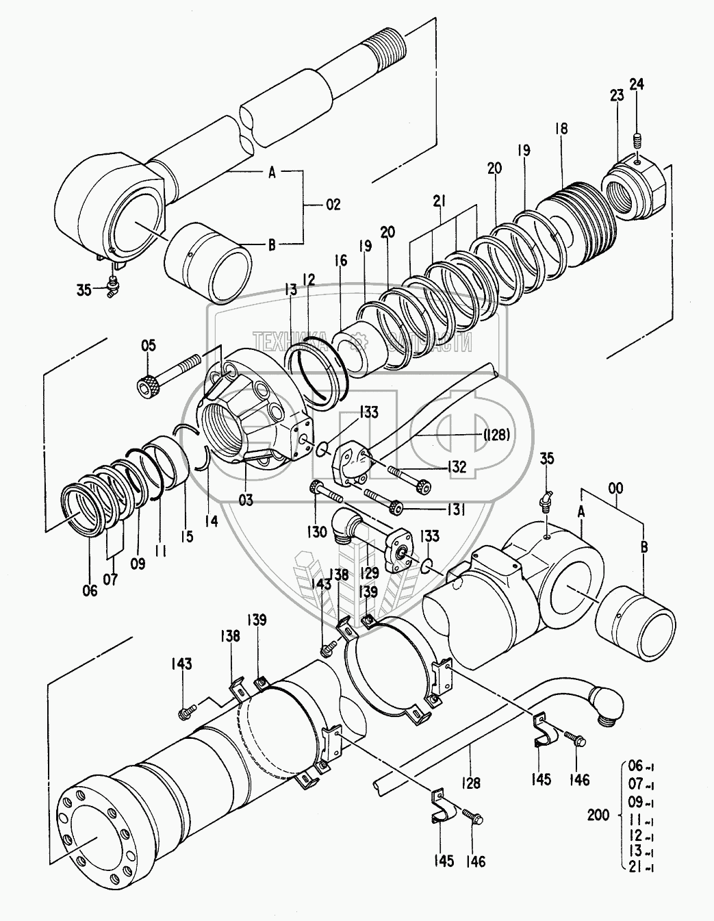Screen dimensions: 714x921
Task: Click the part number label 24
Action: click(637, 84)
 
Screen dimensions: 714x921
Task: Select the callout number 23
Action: click(617, 95)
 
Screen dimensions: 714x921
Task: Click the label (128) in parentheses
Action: click(496, 435)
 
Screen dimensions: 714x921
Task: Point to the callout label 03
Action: click(246, 500)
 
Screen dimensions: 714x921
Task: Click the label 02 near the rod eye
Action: click(333, 205)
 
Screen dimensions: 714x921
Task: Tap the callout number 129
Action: click(369, 573)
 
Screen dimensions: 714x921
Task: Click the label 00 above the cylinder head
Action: click(615, 488)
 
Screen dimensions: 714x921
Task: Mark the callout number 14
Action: click(211, 521)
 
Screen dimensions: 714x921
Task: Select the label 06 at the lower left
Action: click(90, 590)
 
